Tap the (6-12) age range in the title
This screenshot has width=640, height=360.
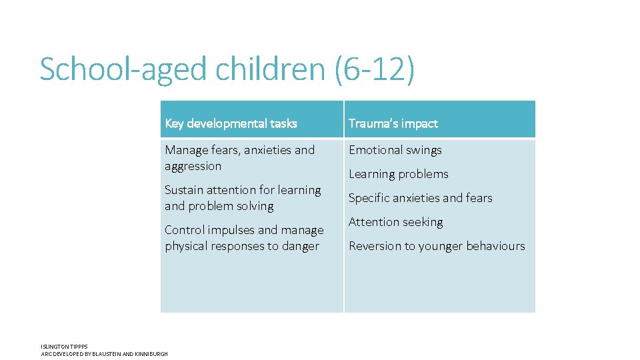(x=375, y=69)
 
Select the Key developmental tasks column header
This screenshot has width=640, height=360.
(x=231, y=123)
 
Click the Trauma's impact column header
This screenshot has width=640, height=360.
(x=393, y=123)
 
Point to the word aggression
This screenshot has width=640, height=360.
(x=193, y=166)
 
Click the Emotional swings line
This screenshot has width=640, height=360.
(x=395, y=150)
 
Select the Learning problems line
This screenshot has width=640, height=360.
(x=399, y=174)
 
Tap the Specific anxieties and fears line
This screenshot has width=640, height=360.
(x=420, y=198)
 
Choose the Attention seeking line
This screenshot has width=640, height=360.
(x=396, y=222)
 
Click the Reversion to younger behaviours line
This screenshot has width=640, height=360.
(x=437, y=246)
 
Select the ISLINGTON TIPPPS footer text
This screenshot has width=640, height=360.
(x=64, y=347)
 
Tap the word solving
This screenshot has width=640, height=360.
(x=253, y=206)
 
